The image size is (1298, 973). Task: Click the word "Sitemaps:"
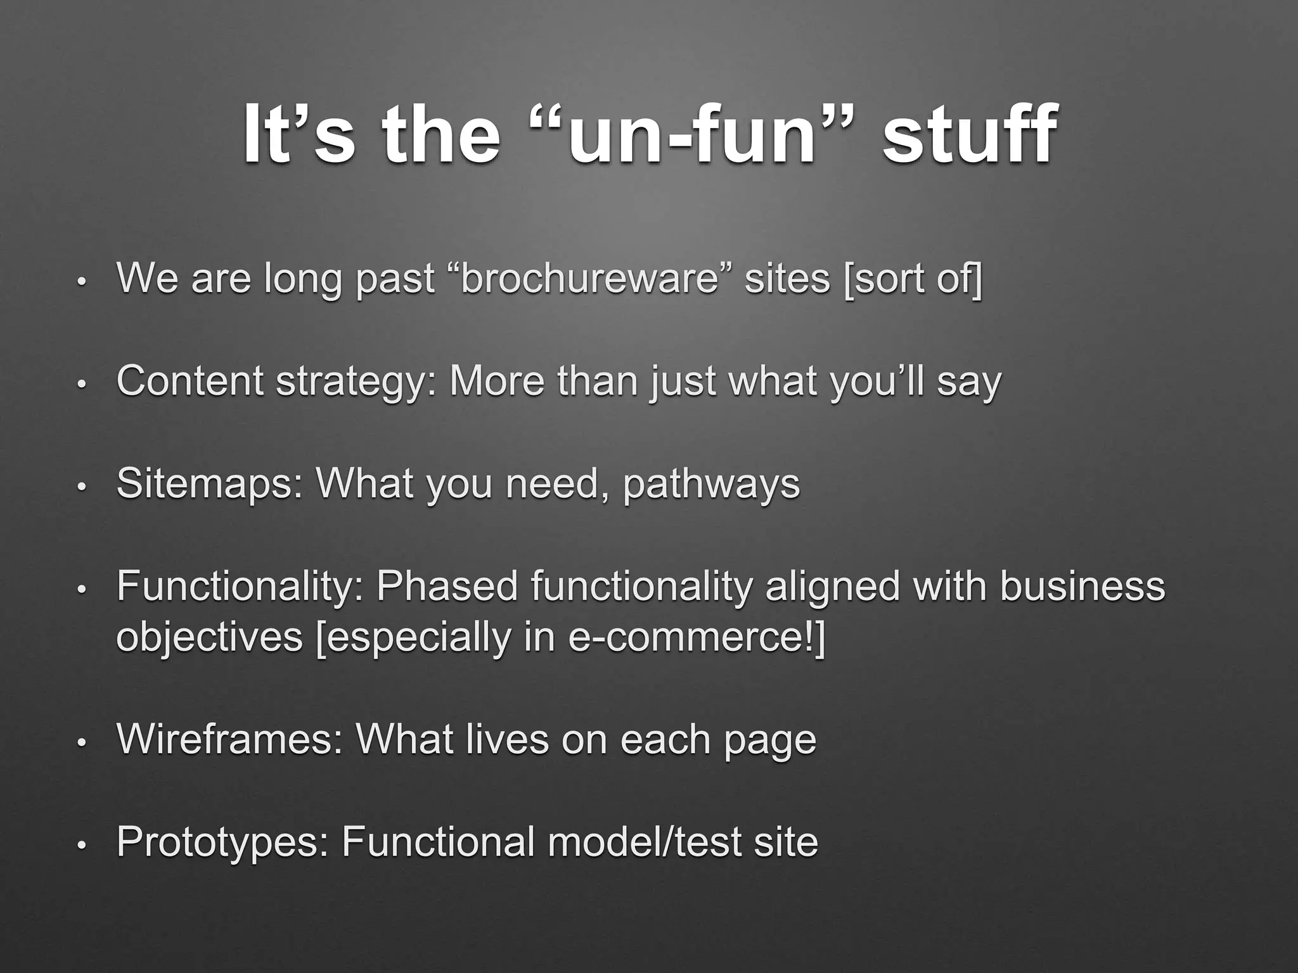click(210, 484)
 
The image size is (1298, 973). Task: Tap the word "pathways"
click(711, 485)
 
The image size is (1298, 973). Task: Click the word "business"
click(1082, 587)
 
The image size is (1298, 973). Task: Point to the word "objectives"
click(210, 637)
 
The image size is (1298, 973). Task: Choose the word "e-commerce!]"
click(697, 637)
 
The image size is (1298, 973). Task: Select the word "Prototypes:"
click(222, 843)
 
